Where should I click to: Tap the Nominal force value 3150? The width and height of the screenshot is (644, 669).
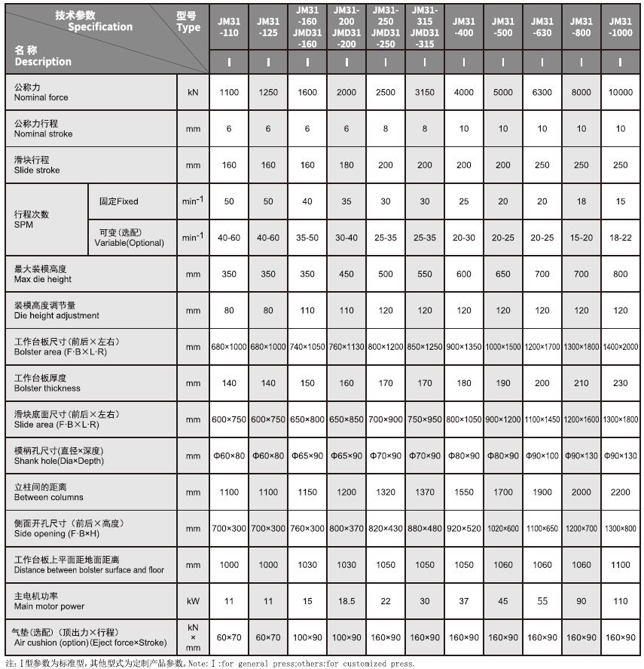424,93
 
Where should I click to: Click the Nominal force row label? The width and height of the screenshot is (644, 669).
41,93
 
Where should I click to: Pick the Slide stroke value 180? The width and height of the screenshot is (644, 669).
346,165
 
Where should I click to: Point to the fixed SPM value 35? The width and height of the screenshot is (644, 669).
346,201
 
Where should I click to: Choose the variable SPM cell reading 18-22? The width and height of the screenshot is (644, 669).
620,238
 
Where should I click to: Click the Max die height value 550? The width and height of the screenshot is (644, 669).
424,275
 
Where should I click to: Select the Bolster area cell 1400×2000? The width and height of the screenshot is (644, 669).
620,347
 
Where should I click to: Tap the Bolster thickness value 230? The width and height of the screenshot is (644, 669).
620,383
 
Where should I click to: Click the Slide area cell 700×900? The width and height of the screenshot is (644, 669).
385,419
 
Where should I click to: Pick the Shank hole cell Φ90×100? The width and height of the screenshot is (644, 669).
542,456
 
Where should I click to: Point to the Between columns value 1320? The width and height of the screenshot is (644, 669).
385,492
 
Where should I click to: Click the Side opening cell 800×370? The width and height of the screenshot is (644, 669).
346,529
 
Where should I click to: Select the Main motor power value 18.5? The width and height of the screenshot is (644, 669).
346,601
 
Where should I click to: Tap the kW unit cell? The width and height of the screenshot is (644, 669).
193,601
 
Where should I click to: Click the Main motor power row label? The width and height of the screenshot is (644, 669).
50,601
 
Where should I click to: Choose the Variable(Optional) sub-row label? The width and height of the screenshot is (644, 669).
129,238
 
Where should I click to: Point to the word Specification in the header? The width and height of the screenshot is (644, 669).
100,27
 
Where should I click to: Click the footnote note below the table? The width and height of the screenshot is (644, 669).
210,664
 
